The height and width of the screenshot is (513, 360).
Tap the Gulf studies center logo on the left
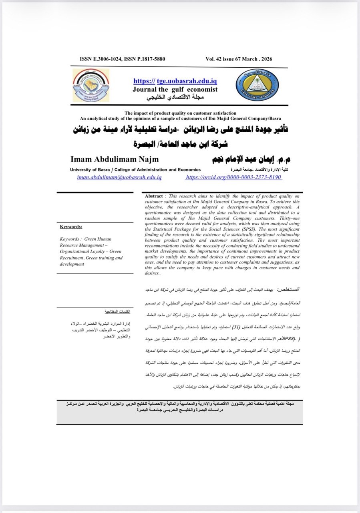91,85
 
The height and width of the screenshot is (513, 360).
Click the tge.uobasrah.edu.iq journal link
175,81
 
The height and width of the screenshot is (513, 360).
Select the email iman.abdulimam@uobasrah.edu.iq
119,177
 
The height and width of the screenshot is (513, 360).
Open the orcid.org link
233,177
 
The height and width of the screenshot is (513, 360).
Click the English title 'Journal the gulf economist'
175,89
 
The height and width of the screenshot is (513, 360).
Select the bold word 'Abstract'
154,196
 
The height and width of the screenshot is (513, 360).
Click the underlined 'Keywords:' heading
71,227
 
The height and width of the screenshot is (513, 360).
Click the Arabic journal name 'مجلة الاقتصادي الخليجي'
175,98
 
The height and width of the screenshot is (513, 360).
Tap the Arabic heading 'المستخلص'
290,289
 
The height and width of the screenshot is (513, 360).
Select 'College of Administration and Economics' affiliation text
150,170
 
